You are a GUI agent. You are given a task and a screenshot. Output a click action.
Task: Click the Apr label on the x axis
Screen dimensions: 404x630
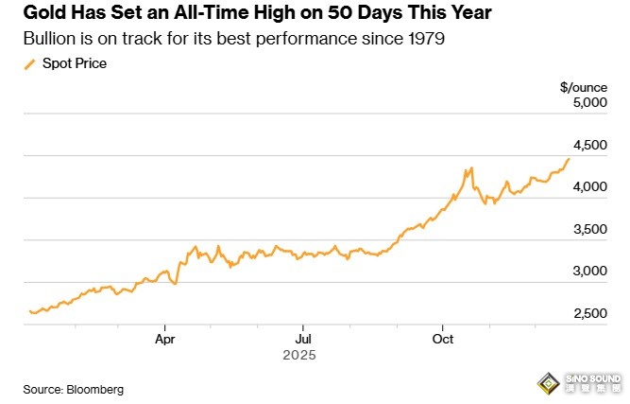pyautogui.click(x=165, y=337)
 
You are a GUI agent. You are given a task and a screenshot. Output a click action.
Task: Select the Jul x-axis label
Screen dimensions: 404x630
pyautogui.click(x=302, y=337)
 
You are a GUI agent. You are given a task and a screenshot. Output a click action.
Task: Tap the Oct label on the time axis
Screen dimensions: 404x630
pyautogui.click(x=441, y=337)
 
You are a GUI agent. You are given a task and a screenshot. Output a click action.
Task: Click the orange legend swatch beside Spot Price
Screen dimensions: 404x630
pyautogui.click(x=28, y=63)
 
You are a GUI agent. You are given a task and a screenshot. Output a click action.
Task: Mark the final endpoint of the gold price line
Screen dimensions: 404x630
pyautogui.click(x=569, y=159)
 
